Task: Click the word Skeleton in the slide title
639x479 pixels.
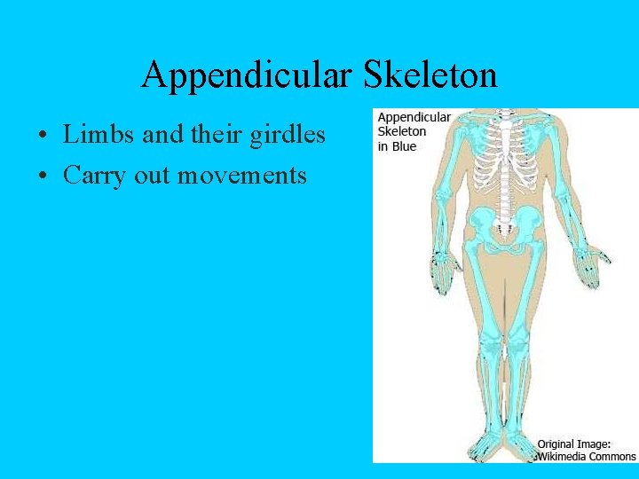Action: point(430,75)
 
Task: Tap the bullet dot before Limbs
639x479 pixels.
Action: point(43,137)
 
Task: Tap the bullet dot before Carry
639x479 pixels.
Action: point(43,177)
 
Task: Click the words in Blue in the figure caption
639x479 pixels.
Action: point(397,146)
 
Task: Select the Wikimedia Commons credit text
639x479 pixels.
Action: point(586,456)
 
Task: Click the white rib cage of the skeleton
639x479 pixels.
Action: point(506,160)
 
